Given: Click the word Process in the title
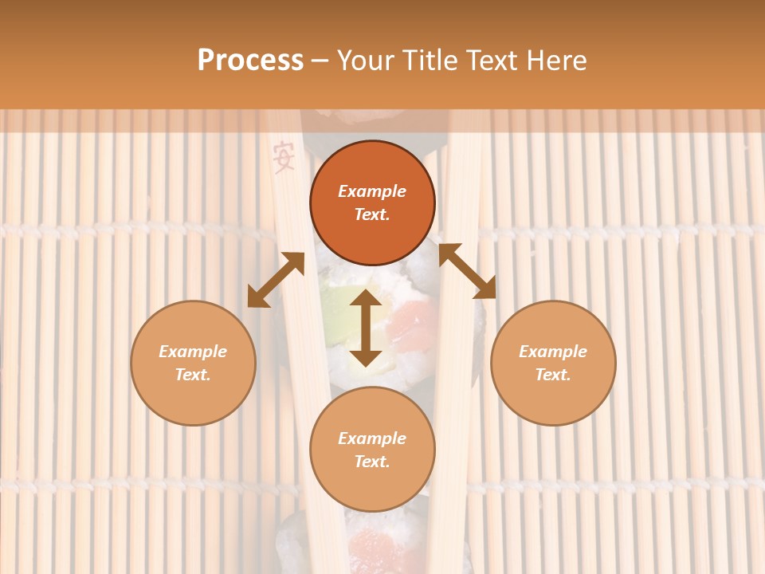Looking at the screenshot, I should [x=250, y=61].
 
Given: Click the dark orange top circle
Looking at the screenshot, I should [x=372, y=202].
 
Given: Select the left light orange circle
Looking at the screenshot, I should [x=193, y=363].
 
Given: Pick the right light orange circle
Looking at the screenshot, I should [x=553, y=363].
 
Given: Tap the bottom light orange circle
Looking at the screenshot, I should [x=372, y=450].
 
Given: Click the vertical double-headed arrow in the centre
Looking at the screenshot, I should [x=366, y=328].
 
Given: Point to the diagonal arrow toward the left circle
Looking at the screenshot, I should [x=276, y=280].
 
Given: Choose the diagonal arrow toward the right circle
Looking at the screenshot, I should [x=467, y=271].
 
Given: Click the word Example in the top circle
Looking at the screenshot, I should [x=372, y=191].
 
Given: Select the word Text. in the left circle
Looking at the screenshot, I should [x=193, y=375].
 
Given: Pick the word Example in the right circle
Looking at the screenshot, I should [x=553, y=352].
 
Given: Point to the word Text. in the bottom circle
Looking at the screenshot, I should [x=372, y=462].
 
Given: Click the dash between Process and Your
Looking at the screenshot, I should [x=320, y=61].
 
